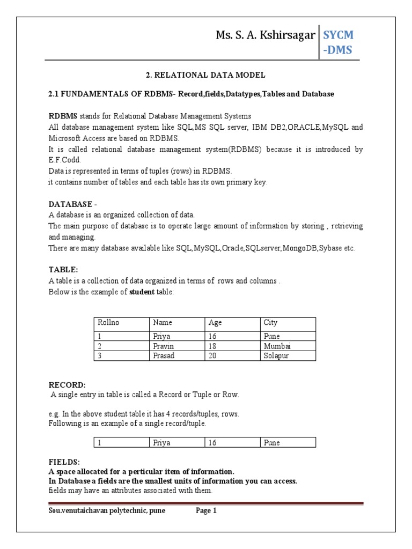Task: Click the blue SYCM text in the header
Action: (338, 35)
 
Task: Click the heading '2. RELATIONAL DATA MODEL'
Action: (207, 75)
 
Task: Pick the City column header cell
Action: (270, 323)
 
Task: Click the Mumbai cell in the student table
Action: (277, 346)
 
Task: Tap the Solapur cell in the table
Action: (276, 355)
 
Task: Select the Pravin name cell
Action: (164, 346)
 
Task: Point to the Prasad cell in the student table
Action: (164, 355)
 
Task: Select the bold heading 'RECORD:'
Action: (67, 384)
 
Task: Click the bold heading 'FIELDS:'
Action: (64, 462)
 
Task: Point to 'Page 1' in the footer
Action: (206, 511)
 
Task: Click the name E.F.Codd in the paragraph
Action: (67, 159)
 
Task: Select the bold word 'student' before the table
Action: (142, 291)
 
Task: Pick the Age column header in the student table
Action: (215, 323)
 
